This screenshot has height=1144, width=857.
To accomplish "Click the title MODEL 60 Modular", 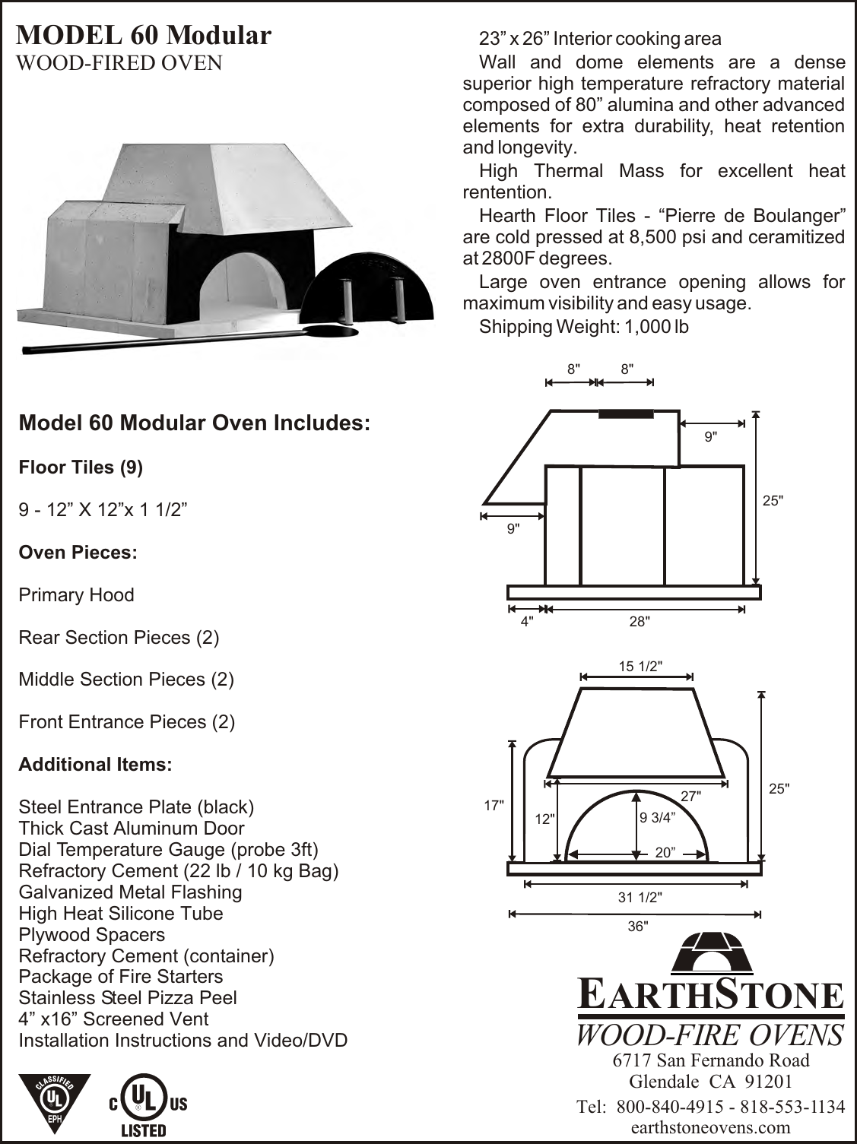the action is (x=144, y=35).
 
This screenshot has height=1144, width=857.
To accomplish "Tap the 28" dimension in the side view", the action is (x=639, y=622).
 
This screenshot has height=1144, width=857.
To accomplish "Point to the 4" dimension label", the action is (x=526, y=622).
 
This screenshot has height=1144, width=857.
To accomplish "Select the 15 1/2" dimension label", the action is (x=640, y=666).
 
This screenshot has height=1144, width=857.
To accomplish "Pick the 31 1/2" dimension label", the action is (x=640, y=897).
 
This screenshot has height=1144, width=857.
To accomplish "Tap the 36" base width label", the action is (x=637, y=927).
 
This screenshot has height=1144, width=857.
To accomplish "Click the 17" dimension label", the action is (x=494, y=804).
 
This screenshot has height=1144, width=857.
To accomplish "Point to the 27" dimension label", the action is (x=690, y=796).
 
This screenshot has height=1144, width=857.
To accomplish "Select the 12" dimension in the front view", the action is (x=544, y=819).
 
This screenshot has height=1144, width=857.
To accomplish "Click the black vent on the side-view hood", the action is (x=626, y=414).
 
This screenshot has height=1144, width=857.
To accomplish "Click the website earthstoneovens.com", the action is (x=710, y=1128).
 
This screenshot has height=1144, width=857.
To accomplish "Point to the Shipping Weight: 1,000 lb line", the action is (x=583, y=327).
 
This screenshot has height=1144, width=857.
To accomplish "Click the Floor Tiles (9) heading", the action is (x=81, y=467).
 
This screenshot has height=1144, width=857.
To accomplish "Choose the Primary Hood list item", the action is (x=76, y=594).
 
